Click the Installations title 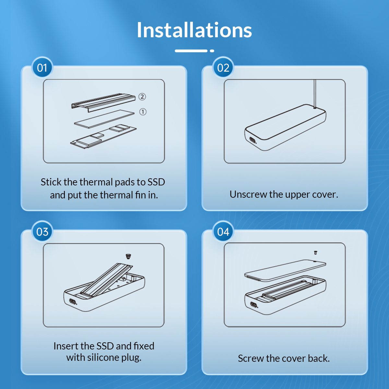tap(194, 30)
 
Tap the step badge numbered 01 tap(42, 67)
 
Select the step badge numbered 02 tap(223, 67)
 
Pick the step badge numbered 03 tap(42, 231)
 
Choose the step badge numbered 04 tap(223, 231)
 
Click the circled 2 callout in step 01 tap(142, 97)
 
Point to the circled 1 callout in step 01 tap(143, 112)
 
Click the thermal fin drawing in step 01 tap(103, 103)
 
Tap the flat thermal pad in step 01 tap(104, 119)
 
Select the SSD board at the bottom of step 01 tap(103, 136)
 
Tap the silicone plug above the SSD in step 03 tap(128, 256)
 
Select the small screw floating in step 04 tap(315, 253)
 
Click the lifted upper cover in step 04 tap(285, 270)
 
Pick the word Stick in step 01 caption tap(51, 182)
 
